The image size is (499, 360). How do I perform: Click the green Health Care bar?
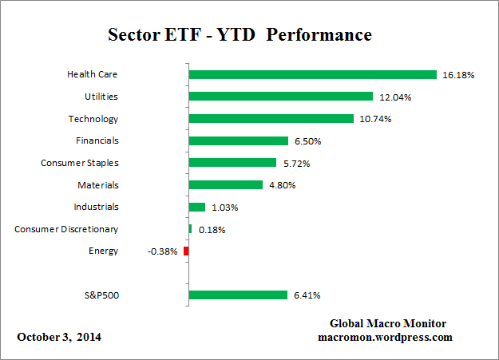point(312,74)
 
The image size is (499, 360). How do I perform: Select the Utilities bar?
point(280,97)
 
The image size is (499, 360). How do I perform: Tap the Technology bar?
point(271,119)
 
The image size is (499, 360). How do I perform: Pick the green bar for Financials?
point(238,140)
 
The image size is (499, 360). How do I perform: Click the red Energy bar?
point(186,251)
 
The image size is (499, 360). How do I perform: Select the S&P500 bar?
point(237,295)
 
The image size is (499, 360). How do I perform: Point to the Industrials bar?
point(196,207)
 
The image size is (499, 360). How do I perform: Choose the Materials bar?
point(225,184)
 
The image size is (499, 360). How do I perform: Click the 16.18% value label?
point(458,75)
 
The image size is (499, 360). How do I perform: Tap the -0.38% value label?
point(163,251)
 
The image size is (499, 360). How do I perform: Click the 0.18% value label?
point(212,230)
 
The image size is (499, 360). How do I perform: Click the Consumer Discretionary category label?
point(66,229)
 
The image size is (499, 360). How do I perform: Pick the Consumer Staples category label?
point(79,163)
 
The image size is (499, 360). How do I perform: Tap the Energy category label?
point(103,251)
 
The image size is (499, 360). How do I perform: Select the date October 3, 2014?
point(59,337)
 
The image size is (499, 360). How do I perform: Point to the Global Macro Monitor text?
point(388,323)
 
